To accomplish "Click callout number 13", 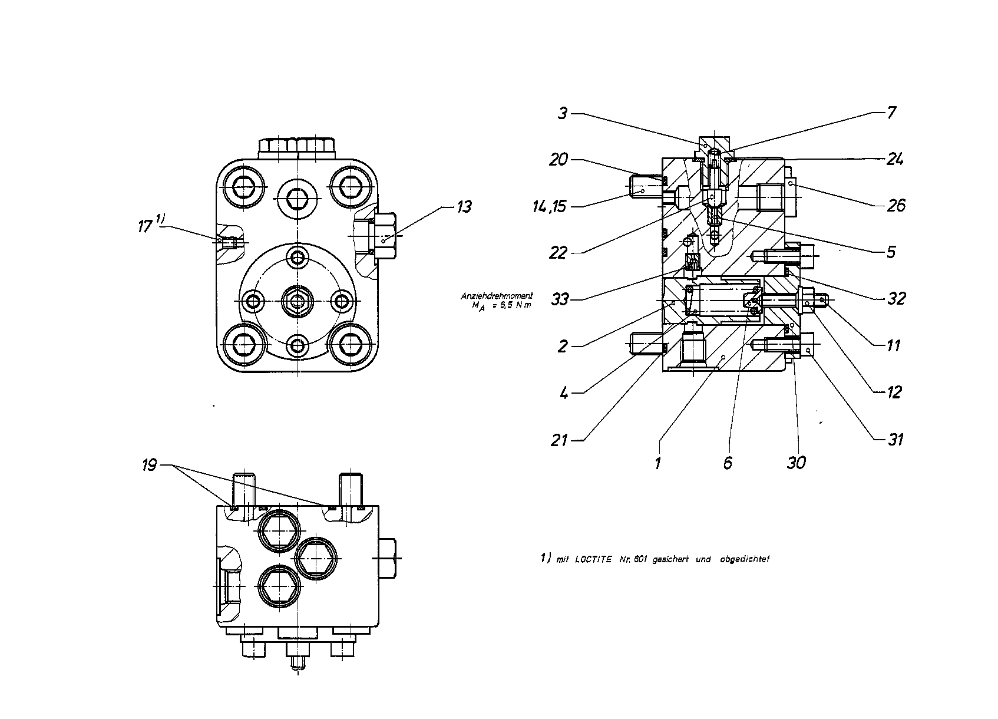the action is pos(464,207).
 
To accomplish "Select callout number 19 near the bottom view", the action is pos(149,466).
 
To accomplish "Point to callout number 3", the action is pos(563,114).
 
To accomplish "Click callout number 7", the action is pos(891,113).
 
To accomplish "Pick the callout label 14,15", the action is pos(549,206).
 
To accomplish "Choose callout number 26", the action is pos(896,206).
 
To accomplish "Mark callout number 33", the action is pos(560,299).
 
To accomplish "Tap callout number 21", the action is pos(559,440).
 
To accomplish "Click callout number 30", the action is pos(796,463).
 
